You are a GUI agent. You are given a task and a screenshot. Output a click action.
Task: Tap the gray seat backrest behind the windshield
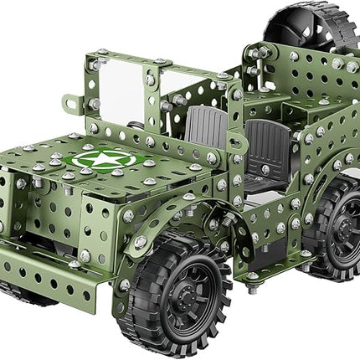pyautogui.click(x=206, y=126)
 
